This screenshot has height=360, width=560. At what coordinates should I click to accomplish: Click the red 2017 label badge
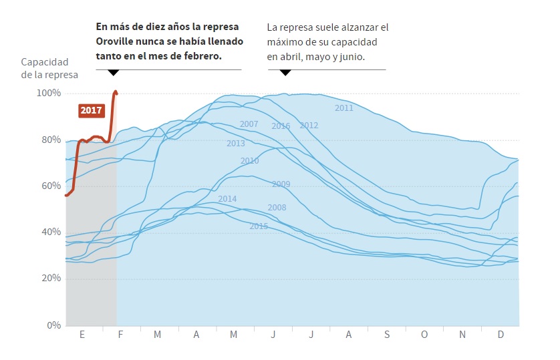pyautogui.click(x=90, y=110)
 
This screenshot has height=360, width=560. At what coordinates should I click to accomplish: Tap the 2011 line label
pyautogui.click(x=344, y=108)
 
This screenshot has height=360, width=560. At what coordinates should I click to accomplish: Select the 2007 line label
pyautogui.click(x=249, y=124)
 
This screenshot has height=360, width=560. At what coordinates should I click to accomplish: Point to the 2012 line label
pyautogui.click(x=309, y=126)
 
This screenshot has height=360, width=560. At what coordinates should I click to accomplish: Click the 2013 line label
pyautogui.click(x=235, y=144)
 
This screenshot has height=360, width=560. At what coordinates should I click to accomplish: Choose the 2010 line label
pyautogui.click(x=249, y=161)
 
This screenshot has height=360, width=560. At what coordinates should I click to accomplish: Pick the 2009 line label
pyautogui.click(x=281, y=184)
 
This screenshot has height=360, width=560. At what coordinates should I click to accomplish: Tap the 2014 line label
pyautogui.click(x=227, y=199)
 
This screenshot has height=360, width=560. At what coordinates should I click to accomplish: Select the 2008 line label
pyautogui.click(x=277, y=208)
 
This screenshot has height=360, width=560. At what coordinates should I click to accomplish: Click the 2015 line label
pyautogui.click(x=259, y=226)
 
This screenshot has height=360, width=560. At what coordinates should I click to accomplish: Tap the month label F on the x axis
pyautogui.click(x=120, y=335)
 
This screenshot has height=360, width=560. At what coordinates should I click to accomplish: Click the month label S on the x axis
pyautogui.click(x=386, y=335)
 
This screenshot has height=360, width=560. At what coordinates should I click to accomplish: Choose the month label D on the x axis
pyautogui.click(x=501, y=335)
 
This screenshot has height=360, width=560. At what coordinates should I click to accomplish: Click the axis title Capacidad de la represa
pyautogui.click(x=49, y=68)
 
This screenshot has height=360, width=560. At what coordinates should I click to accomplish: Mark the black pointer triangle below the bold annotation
pyautogui.click(x=113, y=72)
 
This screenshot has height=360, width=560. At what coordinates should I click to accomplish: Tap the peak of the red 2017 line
pyautogui.click(x=116, y=92)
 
